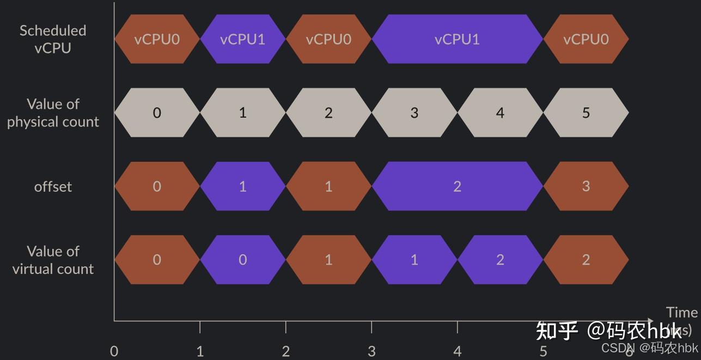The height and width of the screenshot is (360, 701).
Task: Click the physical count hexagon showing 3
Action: coord(414,113)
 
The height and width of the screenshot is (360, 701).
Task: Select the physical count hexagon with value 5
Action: coord(586,113)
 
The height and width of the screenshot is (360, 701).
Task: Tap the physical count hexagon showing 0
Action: coord(157,113)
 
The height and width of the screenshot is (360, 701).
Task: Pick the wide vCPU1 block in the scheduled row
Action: coord(457,39)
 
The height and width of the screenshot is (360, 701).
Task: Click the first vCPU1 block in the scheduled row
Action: coord(242,39)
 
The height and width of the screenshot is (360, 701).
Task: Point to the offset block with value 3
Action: coord(586,186)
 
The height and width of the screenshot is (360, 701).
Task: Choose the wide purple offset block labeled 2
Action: coord(457,186)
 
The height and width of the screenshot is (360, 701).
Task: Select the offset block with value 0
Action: coord(157,186)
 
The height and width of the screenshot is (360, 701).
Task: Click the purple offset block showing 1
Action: coord(242,186)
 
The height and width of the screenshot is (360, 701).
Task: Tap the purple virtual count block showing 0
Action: coord(242,260)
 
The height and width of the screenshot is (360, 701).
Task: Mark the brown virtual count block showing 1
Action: coord(328,260)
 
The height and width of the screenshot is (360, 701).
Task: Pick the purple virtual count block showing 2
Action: coord(500,260)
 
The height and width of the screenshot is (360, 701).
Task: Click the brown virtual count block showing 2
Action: coord(586,260)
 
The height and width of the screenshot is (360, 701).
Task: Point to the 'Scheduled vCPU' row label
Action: coord(53,39)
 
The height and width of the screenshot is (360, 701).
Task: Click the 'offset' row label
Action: coord(53,187)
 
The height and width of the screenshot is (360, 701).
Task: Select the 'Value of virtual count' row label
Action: coord(53,260)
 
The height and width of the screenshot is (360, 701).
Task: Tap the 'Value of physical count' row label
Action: coord(53,113)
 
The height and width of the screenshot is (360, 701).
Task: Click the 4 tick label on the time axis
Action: coord(457,351)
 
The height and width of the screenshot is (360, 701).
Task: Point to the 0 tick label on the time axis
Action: coord(114,351)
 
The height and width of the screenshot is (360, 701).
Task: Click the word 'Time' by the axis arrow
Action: coord(681,313)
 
